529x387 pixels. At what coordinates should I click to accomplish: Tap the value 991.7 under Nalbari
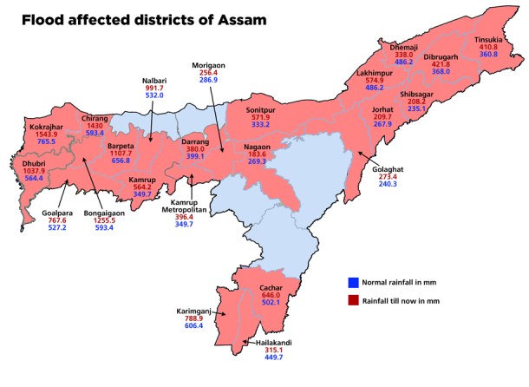[x=154, y=88]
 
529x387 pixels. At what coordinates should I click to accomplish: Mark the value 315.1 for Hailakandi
[x=273, y=351]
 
